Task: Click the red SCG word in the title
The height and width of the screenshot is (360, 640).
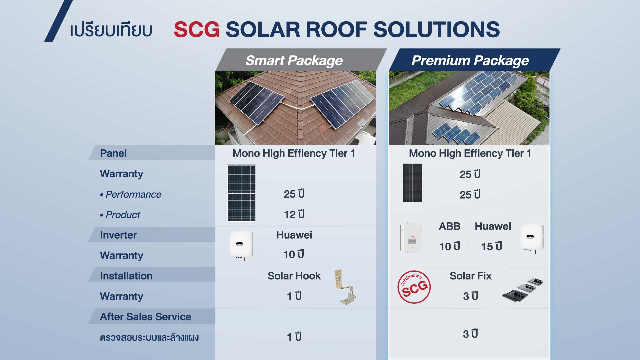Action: tap(197, 29)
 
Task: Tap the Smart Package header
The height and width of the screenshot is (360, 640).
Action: tap(294, 61)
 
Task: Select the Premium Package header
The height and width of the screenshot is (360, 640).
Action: tap(470, 61)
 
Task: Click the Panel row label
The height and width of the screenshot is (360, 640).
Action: tap(113, 153)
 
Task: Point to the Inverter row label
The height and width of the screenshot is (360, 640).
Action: tap(118, 235)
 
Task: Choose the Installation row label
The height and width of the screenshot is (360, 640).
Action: tap(126, 276)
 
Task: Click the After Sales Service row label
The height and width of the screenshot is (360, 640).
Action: tap(146, 317)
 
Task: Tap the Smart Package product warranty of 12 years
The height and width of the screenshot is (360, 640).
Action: tap(294, 214)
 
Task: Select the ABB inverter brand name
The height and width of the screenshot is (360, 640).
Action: tap(450, 226)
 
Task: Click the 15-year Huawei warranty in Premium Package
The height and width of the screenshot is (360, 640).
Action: tap(492, 246)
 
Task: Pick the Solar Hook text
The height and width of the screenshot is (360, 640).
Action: tap(294, 276)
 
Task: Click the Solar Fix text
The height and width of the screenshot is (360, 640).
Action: tap(471, 276)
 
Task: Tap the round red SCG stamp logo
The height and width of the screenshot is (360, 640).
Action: tap(414, 287)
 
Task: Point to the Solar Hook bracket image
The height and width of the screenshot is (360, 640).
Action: tap(345, 287)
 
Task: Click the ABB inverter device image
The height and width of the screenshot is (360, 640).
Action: tap(411, 237)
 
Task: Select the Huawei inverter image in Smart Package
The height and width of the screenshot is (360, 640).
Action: tap(241, 245)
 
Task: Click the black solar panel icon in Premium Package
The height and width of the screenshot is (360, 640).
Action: tap(412, 183)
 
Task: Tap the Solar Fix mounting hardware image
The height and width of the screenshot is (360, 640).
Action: tap(523, 289)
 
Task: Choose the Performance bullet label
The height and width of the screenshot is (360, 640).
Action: tap(130, 194)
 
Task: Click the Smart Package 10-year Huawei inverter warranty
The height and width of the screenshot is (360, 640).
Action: tap(294, 254)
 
